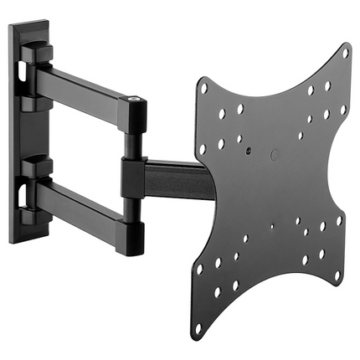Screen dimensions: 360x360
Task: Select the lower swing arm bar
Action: [x=84, y=203]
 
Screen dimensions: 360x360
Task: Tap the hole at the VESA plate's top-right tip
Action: [x=344, y=53]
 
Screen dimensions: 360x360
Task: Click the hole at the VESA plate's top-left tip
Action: [x=203, y=86]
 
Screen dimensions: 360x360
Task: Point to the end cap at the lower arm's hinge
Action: [x=132, y=229]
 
